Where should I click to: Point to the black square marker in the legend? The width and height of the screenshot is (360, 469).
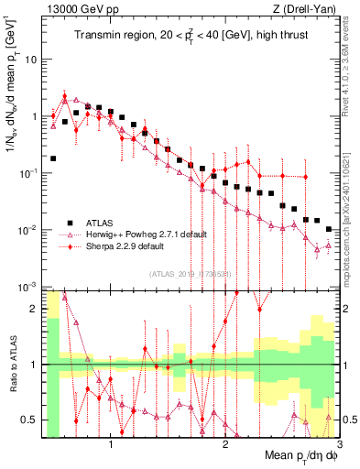[x=70, y=222]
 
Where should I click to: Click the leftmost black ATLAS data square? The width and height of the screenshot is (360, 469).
[x=53, y=158]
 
